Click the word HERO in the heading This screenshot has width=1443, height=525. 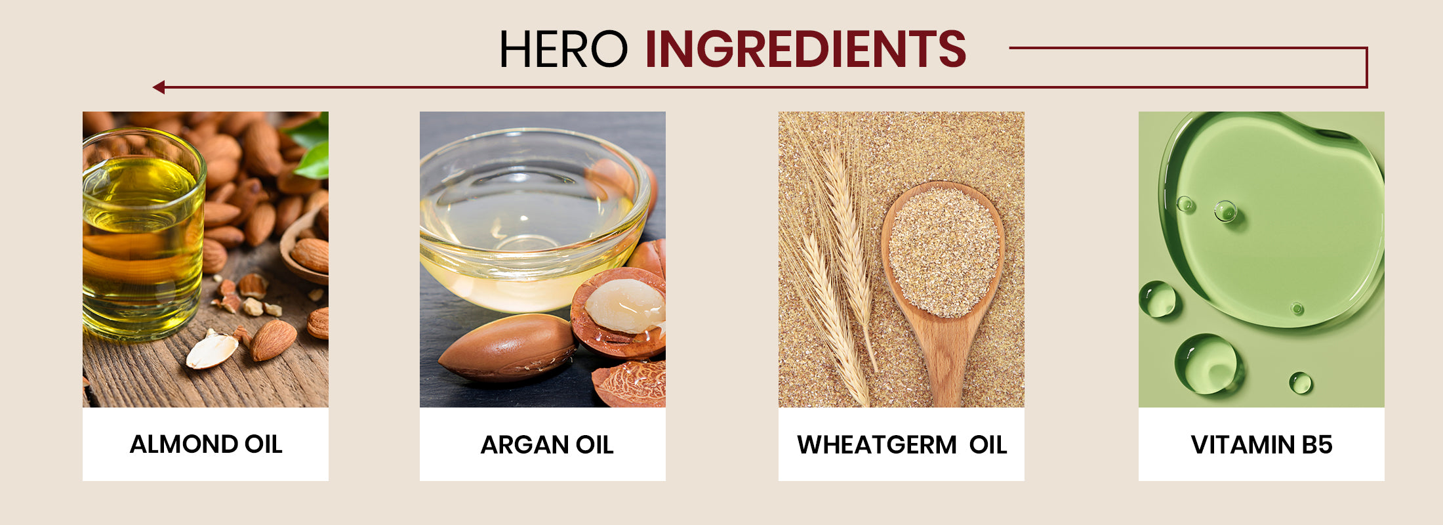pyautogui.click(x=563, y=49)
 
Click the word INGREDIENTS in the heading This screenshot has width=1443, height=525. pyautogui.click(x=805, y=49)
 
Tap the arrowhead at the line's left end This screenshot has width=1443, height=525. pyautogui.click(x=158, y=87)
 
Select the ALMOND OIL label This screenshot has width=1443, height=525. pyautogui.click(x=206, y=444)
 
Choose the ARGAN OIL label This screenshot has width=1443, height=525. pyautogui.click(x=547, y=445)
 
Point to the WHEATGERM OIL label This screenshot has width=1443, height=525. pyautogui.click(x=902, y=445)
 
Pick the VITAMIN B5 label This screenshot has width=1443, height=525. pyautogui.click(x=1261, y=445)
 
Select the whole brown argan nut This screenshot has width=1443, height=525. pyautogui.click(x=507, y=348)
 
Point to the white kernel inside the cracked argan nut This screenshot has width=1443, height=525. pyautogui.click(x=624, y=305)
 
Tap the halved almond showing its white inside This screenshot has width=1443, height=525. pyautogui.click(x=212, y=350)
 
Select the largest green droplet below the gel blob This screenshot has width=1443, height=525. pyautogui.click(x=1208, y=364)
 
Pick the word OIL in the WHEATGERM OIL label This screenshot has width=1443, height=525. pyautogui.click(x=988, y=445)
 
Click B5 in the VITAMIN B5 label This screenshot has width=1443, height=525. pyautogui.click(x=1317, y=445)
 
